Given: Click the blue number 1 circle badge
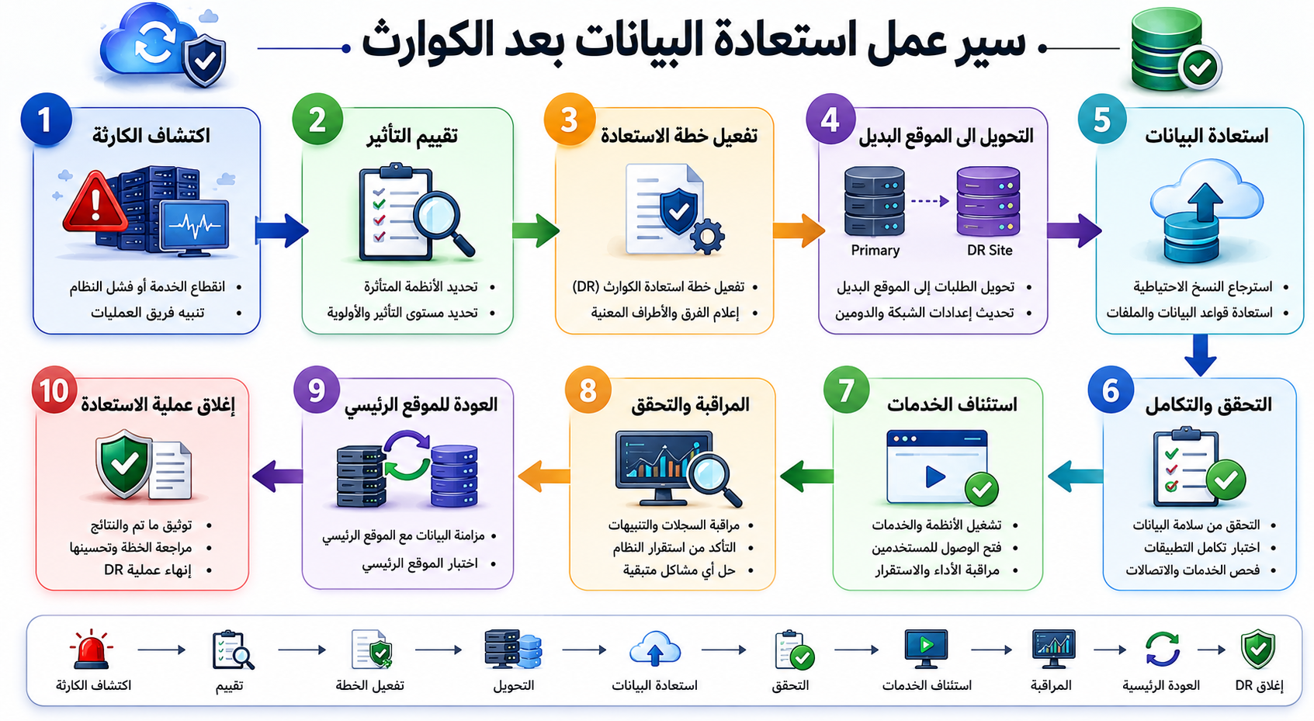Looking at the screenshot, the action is (x=47, y=120).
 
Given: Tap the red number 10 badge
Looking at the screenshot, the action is (x=54, y=390).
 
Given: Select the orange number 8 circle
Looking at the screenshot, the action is (x=588, y=390).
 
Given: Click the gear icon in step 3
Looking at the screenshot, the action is (x=707, y=237).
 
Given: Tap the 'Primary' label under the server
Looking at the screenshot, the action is (x=875, y=251).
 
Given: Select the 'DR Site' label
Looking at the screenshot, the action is (x=990, y=251).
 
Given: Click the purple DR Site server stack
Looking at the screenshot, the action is (x=989, y=201).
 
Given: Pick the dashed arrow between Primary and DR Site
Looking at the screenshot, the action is (x=931, y=201).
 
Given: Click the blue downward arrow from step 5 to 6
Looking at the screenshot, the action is (x=1200, y=355).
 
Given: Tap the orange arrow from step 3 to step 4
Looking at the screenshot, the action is (x=799, y=231).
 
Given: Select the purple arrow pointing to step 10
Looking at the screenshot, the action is (x=277, y=476).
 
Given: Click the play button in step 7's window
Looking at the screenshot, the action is (x=935, y=477).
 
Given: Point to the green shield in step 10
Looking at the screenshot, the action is (x=123, y=464).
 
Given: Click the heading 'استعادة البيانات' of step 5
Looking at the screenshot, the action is (x=1207, y=136).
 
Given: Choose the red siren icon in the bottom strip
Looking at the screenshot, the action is (x=91, y=650).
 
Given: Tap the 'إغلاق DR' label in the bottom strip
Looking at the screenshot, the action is (x=1260, y=685).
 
